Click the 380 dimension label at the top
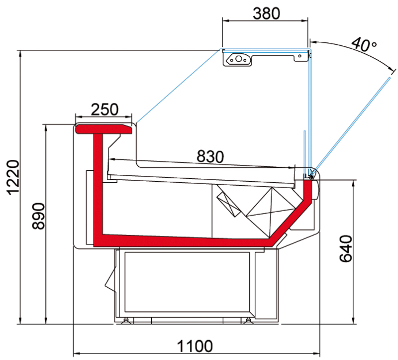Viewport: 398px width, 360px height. pyautogui.click(x=266, y=13)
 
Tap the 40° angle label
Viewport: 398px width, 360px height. pyautogui.click(x=364, y=45)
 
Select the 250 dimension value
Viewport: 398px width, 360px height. pyautogui.click(x=104, y=110)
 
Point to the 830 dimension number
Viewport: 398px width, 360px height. pyautogui.click(x=210, y=156)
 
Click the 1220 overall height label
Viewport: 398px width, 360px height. pyautogui.click(x=13, y=177)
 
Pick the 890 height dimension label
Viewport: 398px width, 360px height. pyautogui.click(x=38, y=216)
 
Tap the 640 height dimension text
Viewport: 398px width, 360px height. pyautogui.click(x=346, y=248)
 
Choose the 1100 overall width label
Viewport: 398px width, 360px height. pyautogui.click(x=195, y=346)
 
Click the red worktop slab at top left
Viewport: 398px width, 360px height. pyautogui.click(x=104, y=129)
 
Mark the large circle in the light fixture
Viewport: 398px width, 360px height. pyautogui.click(x=238, y=59)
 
